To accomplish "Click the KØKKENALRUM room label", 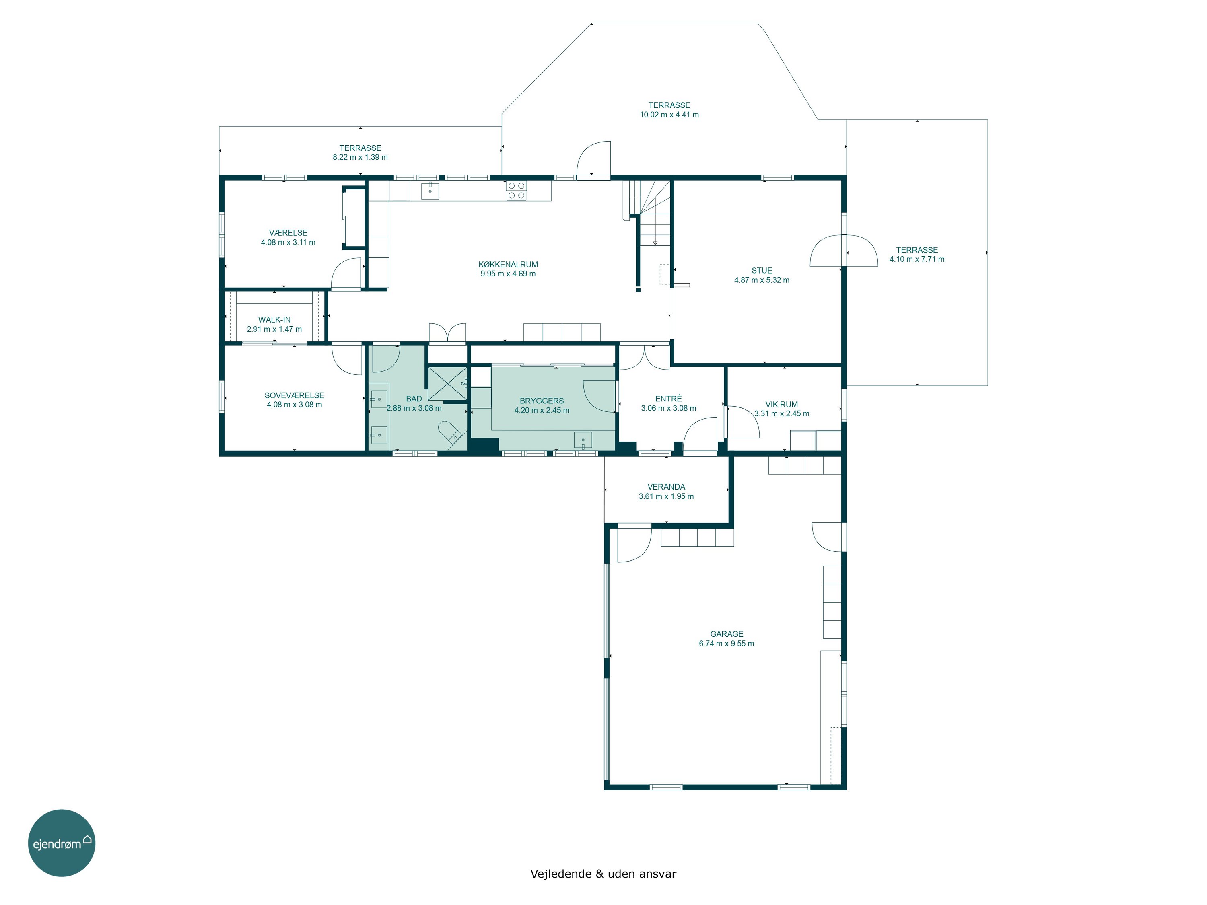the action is (508, 265).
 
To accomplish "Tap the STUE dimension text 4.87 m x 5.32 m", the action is (762, 280).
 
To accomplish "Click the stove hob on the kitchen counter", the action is (516, 190).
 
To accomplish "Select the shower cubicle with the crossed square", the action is (447, 383).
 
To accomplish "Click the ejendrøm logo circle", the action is (62, 843).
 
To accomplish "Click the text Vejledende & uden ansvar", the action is (603, 874).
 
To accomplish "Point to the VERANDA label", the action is (666, 487).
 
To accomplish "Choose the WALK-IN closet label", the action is (274, 320).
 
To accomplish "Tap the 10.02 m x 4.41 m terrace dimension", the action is (669, 115).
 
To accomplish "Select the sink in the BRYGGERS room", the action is (583, 440).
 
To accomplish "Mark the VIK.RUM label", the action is (781, 405).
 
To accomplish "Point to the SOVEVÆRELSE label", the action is (294, 395).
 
